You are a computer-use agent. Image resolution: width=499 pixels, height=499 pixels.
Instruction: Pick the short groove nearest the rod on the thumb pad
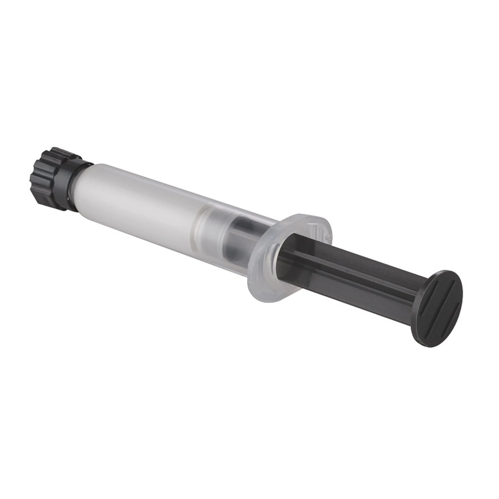click(426, 297)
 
